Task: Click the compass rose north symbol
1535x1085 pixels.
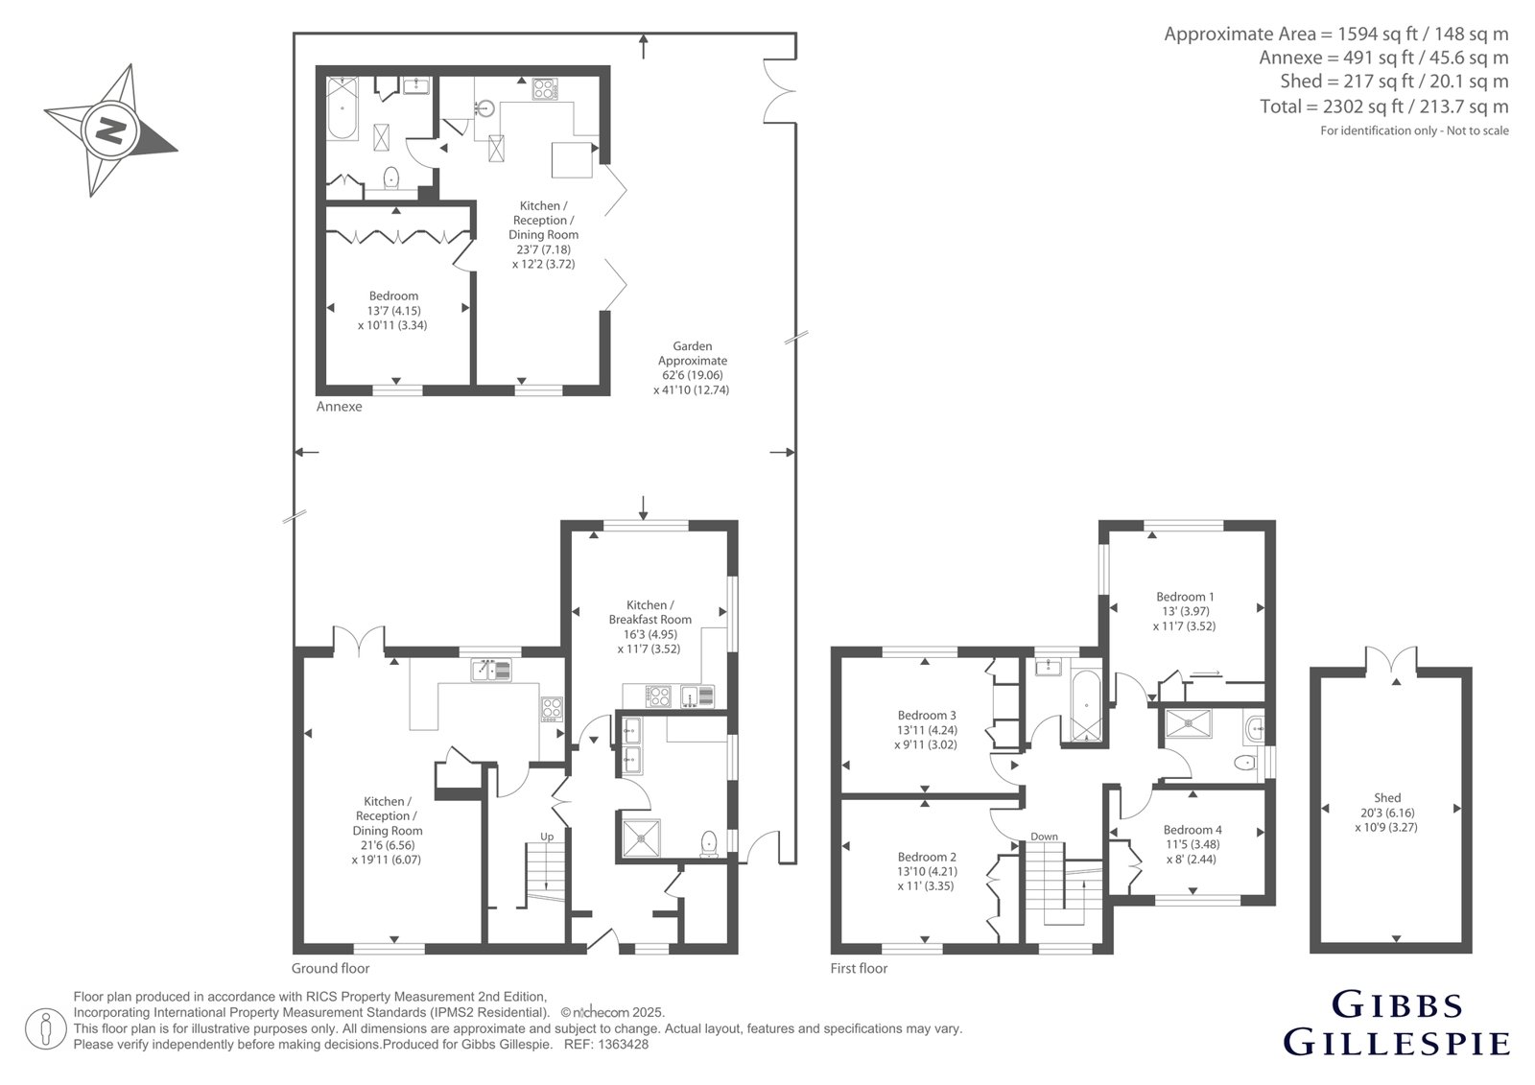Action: pyautogui.click(x=111, y=130)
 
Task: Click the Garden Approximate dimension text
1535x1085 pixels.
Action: pyautogui.click(x=692, y=368)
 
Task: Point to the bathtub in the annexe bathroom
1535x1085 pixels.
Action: pyautogui.click(x=342, y=107)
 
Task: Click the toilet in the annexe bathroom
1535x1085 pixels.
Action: pyautogui.click(x=391, y=177)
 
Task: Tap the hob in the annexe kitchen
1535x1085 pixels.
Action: pyautogui.click(x=545, y=89)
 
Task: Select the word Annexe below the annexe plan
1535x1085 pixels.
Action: pyautogui.click(x=340, y=407)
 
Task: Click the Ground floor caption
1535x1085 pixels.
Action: pyautogui.click(x=330, y=969)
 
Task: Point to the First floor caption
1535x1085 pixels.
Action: pyautogui.click(x=859, y=969)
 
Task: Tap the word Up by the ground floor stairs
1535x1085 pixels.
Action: pyautogui.click(x=547, y=837)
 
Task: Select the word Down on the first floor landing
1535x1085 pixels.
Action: pyautogui.click(x=1045, y=837)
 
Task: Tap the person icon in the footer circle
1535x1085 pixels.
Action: pyautogui.click(x=45, y=1028)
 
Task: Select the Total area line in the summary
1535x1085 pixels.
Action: pyautogui.click(x=1384, y=106)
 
